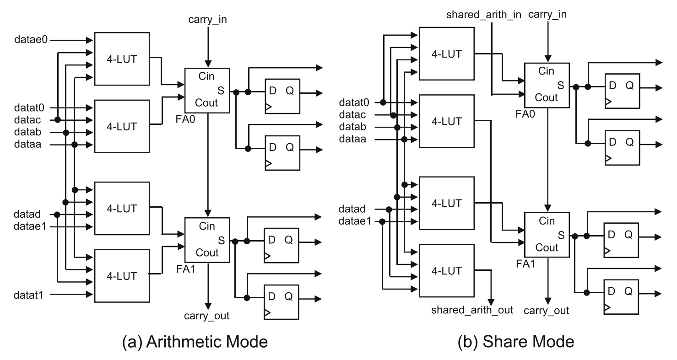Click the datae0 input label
pos(30,40)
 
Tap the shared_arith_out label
pos(472,310)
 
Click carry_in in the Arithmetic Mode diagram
pos(207,20)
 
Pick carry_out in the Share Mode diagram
pos(547,311)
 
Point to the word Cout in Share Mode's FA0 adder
pos(547,97)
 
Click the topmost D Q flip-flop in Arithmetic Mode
pos(282,97)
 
